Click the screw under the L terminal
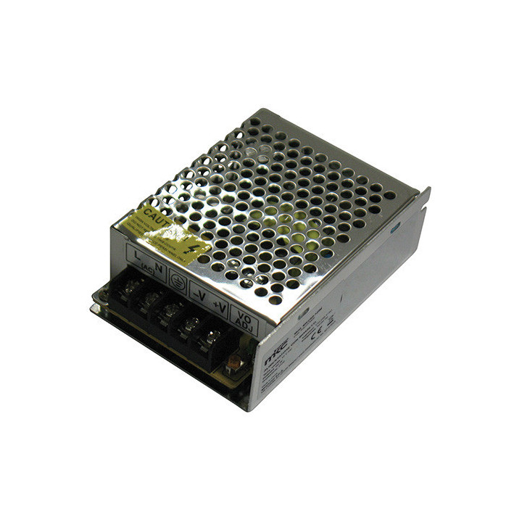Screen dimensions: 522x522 (x=128, y=286)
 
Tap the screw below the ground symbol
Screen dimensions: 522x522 (x=170, y=311)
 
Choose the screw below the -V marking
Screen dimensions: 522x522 (x=190, y=324)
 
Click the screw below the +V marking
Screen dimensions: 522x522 (x=212, y=336)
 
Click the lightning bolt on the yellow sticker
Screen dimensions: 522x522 (x=191, y=247)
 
